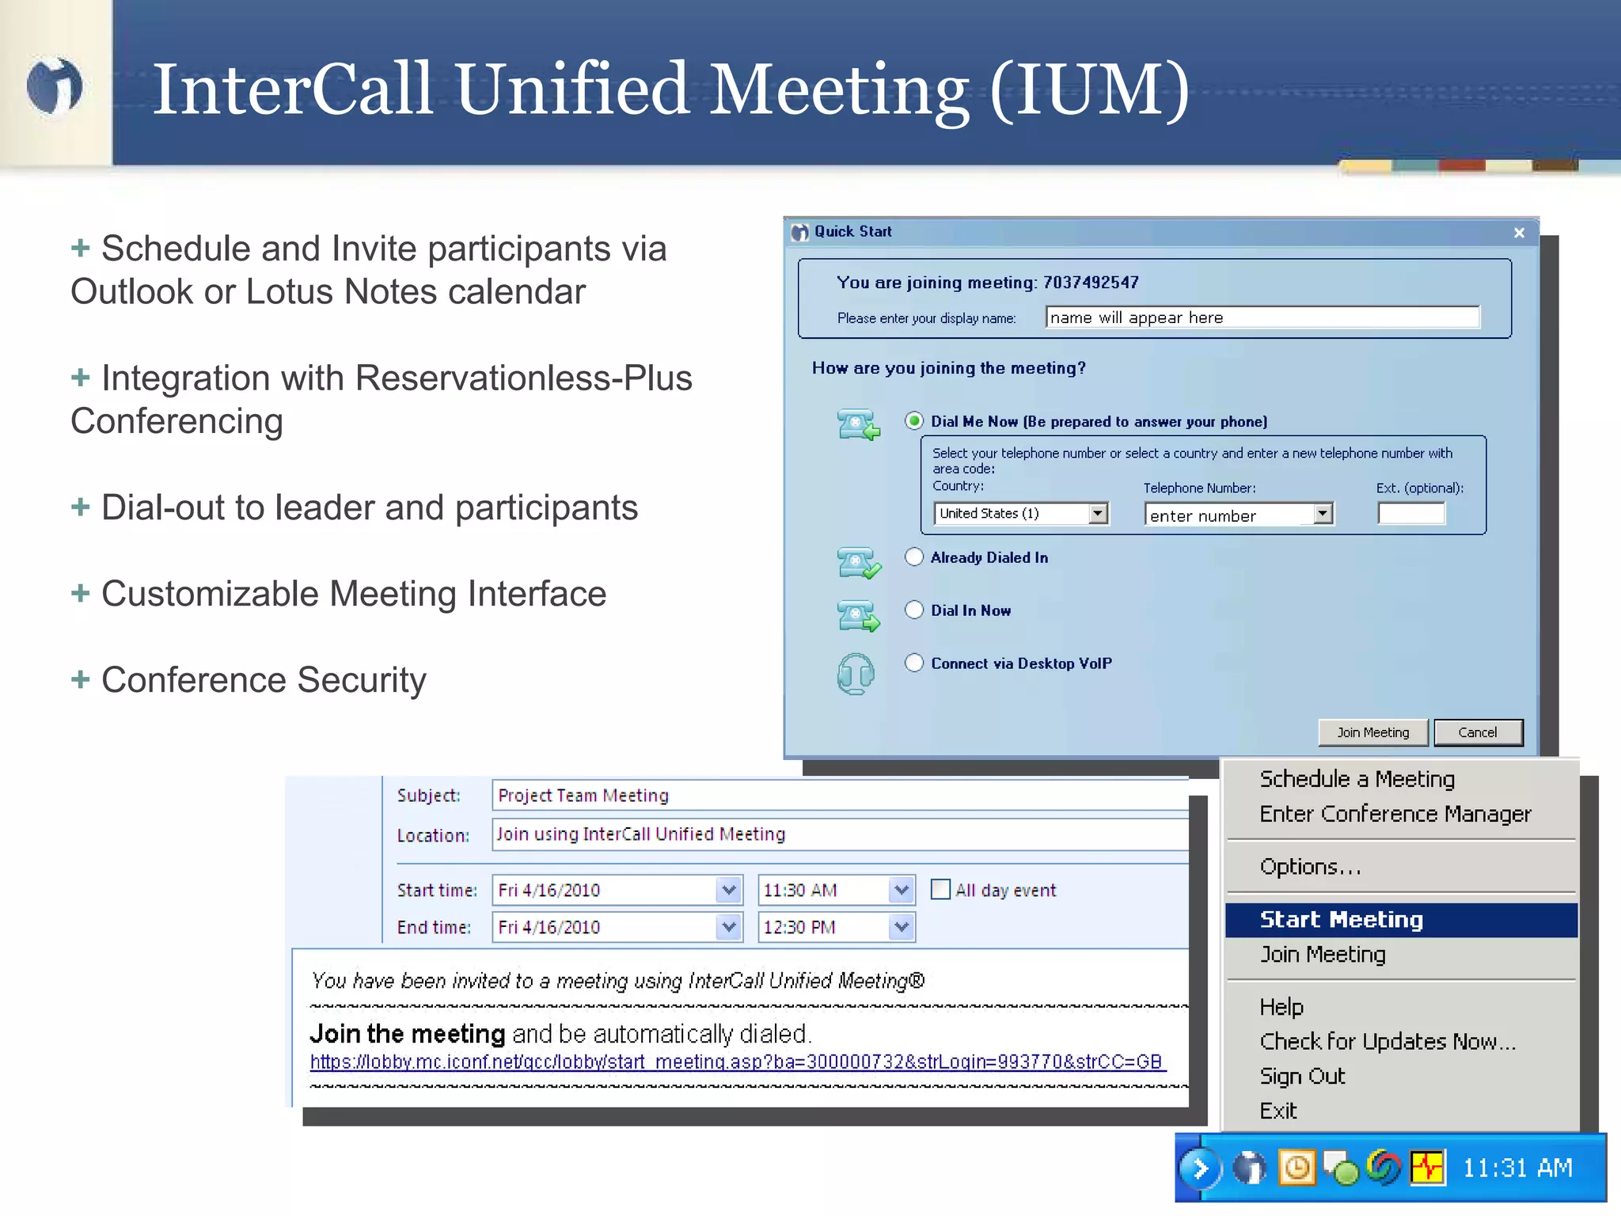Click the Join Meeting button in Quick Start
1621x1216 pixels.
(x=1372, y=732)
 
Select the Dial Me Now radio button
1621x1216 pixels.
(x=914, y=420)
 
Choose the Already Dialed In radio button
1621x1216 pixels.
(x=914, y=557)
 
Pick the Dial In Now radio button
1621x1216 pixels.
(x=914, y=610)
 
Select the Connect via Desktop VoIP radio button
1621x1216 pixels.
(x=914, y=663)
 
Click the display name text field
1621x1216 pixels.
(x=1262, y=317)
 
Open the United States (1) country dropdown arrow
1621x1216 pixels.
(x=1097, y=514)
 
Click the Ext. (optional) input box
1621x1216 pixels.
(x=1411, y=514)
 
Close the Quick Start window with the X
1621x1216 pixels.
(x=1519, y=233)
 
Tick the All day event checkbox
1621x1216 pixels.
(x=940, y=889)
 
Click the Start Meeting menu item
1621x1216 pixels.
(x=1341, y=919)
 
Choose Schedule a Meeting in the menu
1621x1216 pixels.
(x=1357, y=779)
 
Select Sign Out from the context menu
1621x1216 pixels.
(x=1302, y=1076)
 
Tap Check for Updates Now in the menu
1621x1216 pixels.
(x=1387, y=1041)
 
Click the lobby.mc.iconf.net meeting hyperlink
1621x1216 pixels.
(x=736, y=1062)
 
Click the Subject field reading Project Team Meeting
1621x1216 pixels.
(x=839, y=795)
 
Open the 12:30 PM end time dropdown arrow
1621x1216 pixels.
(x=901, y=927)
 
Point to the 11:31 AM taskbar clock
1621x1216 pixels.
(x=1517, y=1168)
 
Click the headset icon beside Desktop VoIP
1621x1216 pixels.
(x=856, y=674)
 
